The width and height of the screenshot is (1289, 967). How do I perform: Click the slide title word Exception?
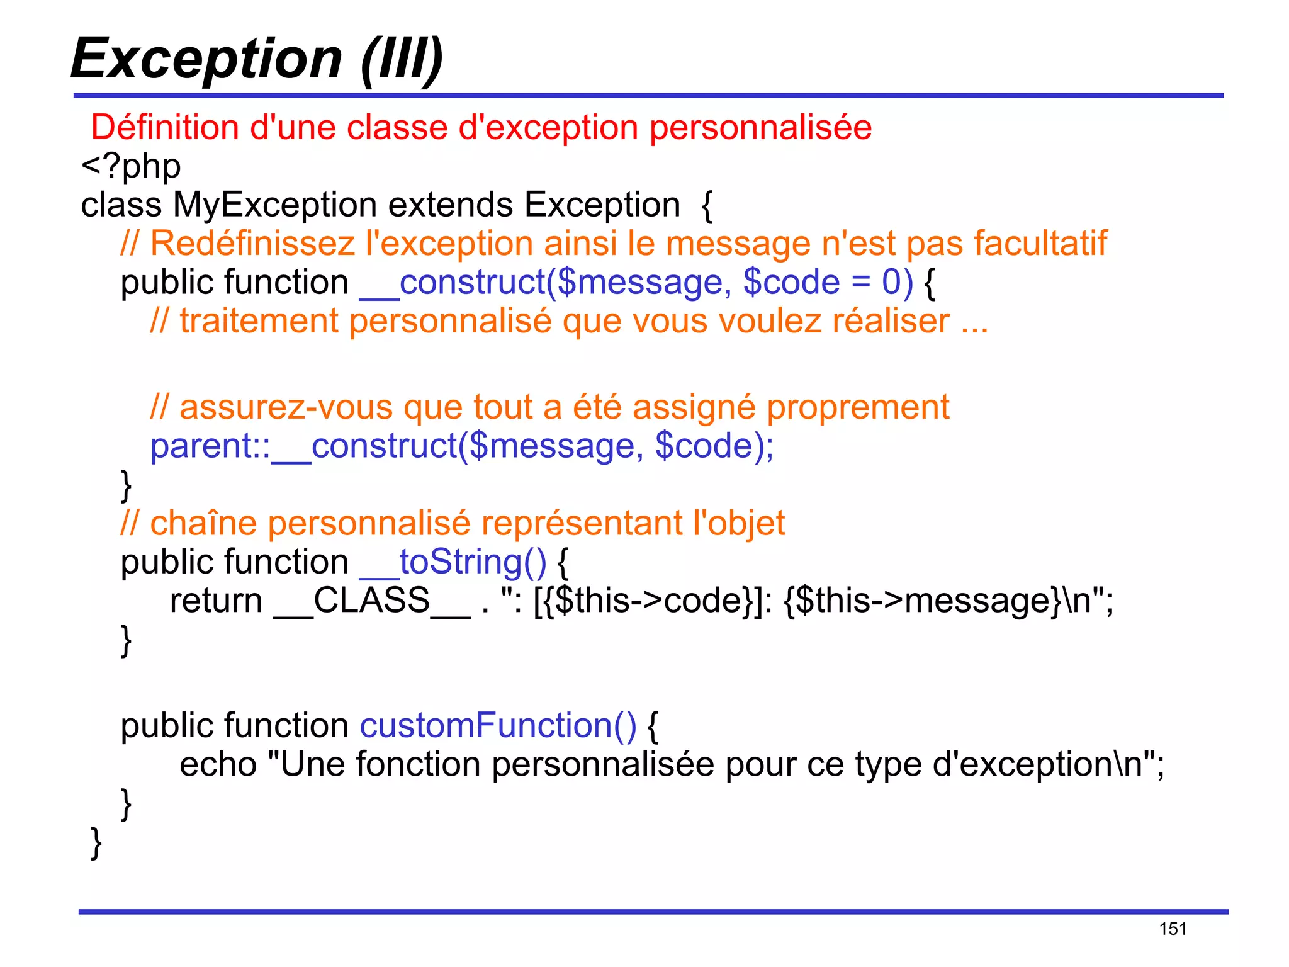click(x=206, y=59)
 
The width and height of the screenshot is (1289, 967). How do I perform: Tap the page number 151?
click(x=1173, y=929)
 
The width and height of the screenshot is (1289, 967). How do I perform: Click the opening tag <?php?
click(x=131, y=166)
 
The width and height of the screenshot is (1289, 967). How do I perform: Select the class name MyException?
click(x=275, y=205)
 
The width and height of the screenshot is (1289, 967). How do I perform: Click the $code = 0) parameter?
click(x=828, y=282)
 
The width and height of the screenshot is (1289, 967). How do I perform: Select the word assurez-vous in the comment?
click(x=286, y=407)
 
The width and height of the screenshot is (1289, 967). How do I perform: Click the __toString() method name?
click(x=453, y=562)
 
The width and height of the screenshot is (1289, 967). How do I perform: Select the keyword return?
click(x=216, y=601)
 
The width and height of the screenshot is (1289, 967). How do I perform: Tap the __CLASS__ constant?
click(x=371, y=601)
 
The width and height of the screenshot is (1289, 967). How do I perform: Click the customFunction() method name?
click(x=498, y=726)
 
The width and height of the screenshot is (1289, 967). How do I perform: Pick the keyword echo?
click(x=218, y=765)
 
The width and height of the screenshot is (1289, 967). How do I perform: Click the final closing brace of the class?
click(x=96, y=843)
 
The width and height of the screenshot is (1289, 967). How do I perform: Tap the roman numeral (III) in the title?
click(x=402, y=59)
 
